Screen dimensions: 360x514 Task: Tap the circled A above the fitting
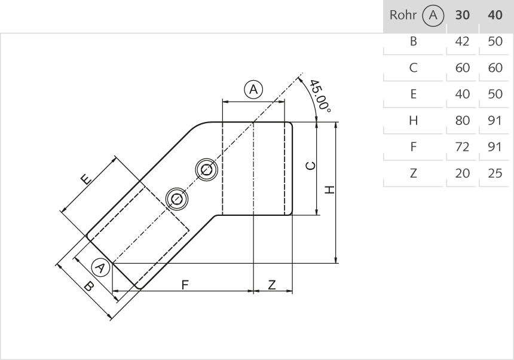253,90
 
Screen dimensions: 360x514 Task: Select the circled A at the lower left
101,267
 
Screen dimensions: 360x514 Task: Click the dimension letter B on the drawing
88,286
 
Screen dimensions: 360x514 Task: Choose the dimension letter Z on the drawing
272,285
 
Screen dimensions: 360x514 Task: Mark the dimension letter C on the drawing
308,166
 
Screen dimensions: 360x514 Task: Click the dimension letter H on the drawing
328,190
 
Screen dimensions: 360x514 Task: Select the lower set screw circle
176,197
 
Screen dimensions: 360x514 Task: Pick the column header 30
462,16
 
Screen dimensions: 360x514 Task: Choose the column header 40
495,16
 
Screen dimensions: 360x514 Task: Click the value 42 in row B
462,42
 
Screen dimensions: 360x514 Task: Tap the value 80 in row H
462,121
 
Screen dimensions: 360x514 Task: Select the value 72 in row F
462,147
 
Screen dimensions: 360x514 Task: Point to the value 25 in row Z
495,173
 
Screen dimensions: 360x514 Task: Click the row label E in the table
413,94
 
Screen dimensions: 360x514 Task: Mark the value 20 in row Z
462,173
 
